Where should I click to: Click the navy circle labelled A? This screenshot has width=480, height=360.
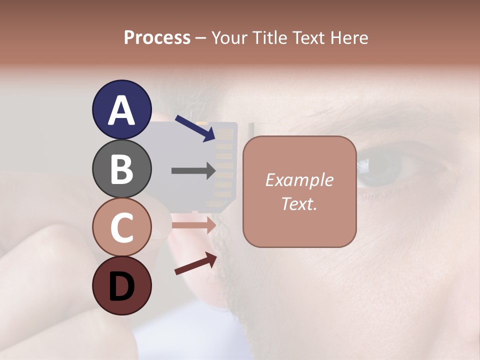tap(121, 109)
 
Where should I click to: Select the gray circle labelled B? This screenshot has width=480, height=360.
tap(121, 168)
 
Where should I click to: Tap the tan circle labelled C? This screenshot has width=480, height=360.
tap(121, 227)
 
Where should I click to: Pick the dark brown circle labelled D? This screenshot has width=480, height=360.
tap(121, 285)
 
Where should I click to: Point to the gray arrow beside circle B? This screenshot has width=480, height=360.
tap(193, 171)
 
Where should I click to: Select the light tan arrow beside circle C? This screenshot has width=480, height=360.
tap(193, 225)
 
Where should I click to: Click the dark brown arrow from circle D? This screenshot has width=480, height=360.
tap(195, 263)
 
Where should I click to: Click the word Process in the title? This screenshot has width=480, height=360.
tap(157, 38)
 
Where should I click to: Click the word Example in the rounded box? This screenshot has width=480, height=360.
tap(299, 180)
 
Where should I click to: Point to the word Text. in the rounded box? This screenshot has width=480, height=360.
tap(299, 203)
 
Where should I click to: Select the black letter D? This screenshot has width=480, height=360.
tap(121, 286)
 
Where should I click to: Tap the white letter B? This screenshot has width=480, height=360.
tap(121, 169)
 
